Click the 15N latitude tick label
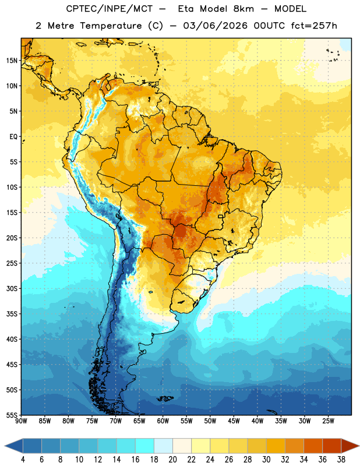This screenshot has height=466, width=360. (12, 61)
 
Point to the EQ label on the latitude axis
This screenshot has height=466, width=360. (13, 137)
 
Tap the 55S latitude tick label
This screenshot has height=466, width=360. (12, 415)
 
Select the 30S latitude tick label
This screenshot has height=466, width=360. (12, 288)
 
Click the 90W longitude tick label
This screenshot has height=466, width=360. (21, 421)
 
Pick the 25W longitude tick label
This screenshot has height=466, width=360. (328, 421)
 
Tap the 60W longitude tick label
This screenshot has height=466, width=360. (163, 421)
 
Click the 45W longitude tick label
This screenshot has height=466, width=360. (234, 421)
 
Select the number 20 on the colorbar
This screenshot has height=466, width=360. (172, 460)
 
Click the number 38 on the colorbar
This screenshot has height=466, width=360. (341, 460)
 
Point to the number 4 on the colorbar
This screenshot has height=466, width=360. (23, 460)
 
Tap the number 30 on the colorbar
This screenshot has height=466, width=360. (266, 460)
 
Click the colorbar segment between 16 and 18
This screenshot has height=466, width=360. (144, 446)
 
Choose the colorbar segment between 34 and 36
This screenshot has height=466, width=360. (313, 446)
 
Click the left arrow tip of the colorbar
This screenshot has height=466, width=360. (5, 446)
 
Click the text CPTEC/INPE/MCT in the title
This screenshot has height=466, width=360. (110, 9)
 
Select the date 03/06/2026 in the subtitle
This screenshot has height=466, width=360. (215, 26)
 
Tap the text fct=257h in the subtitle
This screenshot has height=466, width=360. (314, 26)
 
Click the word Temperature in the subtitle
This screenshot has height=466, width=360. (111, 26)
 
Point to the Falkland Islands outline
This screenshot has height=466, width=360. (165, 398)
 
